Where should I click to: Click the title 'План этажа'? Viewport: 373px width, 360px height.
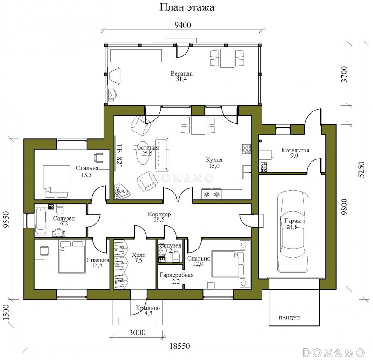click(x=187, y=7)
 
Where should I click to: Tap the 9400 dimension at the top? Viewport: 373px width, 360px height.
click(x=183, y=25)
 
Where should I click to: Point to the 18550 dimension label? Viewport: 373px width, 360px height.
click(x=180, y=346)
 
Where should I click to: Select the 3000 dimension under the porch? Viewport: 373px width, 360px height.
click(x=137, y=332)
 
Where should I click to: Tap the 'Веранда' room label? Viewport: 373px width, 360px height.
click(x=181, y=74)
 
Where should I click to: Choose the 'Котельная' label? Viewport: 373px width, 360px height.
click(x=295, y=150)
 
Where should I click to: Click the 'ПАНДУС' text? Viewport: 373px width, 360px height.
click(x=289, y=318)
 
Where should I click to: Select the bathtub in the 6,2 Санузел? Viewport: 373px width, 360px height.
click(x=41, y=222)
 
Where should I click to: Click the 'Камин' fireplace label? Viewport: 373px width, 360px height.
click(x=123, y=191)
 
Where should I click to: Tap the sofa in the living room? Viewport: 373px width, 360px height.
click(x=162, y=154)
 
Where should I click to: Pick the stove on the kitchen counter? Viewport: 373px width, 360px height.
click(x=247, y=149)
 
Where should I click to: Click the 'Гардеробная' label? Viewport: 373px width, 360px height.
click(x=177, y=275)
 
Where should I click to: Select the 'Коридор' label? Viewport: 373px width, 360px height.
click(x=159, y=214)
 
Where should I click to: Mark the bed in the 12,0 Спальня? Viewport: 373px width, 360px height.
click(x=228, y=263)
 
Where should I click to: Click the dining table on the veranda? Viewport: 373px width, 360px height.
click(x=227, y=58)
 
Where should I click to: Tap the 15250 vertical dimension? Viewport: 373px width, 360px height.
click(x=361, y=172)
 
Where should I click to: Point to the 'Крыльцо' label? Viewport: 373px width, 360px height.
click(x=148, y=308)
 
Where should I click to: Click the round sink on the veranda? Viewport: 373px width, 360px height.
click(x=112, y=94)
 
